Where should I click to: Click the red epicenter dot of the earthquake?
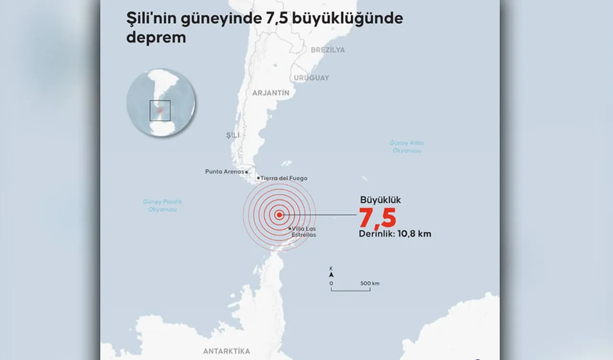click(x=279, y=215)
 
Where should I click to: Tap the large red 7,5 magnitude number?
click(x=377, y=218)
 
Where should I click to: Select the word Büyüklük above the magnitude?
click(x=380, y=200)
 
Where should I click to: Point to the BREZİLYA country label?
click(x=328, y=50)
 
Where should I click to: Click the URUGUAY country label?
click(x=311, y=78)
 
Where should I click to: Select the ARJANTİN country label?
click(x=271, y=93)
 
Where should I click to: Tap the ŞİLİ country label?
click(x=232, y=135)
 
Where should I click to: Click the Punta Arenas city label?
click(x=224, y=171)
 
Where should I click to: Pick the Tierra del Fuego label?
click(x=284, y=178)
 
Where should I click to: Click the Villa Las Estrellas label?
click(x=304, y=232)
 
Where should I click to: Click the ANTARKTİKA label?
click(x=227, y=351)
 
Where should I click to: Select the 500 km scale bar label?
click(x=370, y=283)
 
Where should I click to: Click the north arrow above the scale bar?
click(x=331, y=274)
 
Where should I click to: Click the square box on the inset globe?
click(x=160, y=111)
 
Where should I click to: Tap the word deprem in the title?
click(x=156, y=38)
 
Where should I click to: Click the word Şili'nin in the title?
click(x=150, y=19)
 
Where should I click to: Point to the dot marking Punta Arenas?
click(x=247, y=172)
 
